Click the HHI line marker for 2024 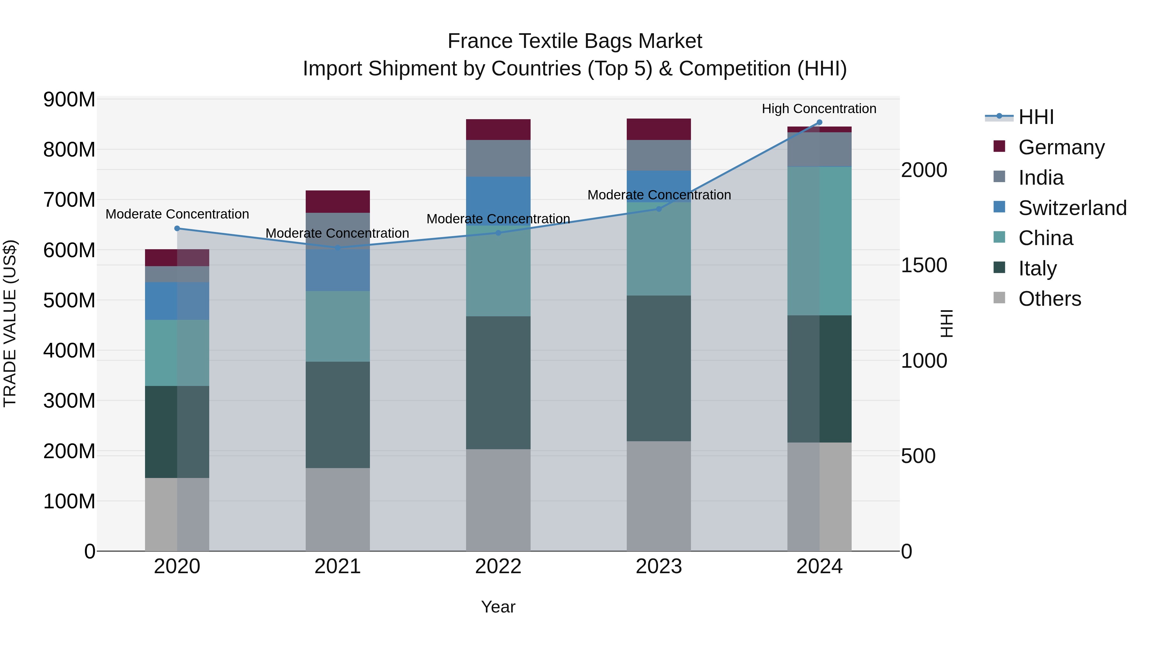click(819, 122)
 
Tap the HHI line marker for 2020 click(177, 229)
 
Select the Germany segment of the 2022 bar click(498, 129)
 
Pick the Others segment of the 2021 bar click(338, 510)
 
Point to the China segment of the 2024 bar click(819, 241)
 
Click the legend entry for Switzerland click(1072, 208)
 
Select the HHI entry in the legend click(1036, 117)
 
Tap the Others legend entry click(1049, 299)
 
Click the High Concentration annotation click(819, 109)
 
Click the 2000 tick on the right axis click(924, 170)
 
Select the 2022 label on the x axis click(498, 566)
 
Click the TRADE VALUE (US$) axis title click(10, 323)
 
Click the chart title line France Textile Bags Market click(575, 41)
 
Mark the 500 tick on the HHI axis click(918, 456)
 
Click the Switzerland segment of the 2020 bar click(177, 301)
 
